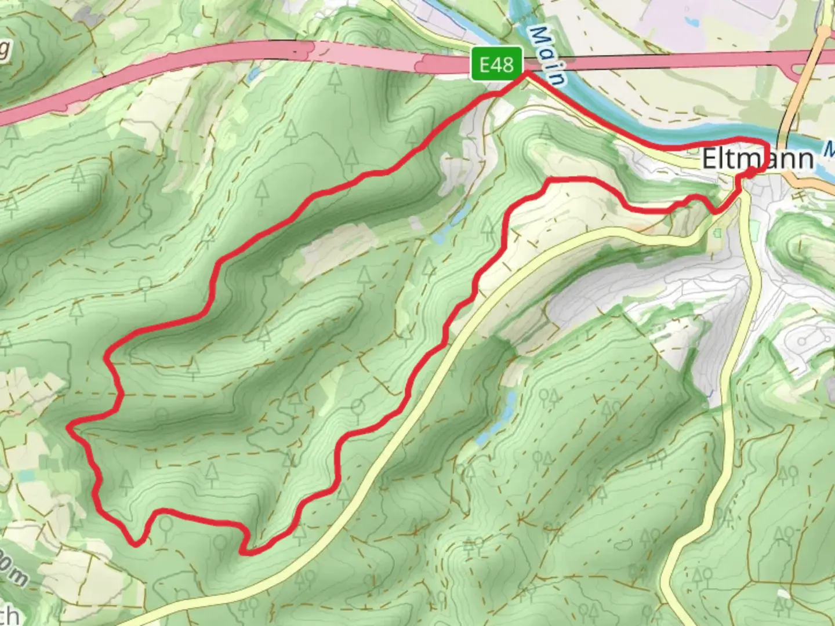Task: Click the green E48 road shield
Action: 497,64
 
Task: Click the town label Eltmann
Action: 757,159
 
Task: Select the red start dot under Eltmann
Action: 750,172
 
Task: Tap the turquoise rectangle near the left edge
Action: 27,476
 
